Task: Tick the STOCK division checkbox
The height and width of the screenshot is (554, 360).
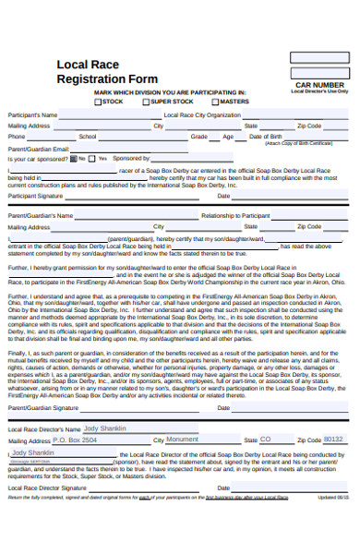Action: (99, 101)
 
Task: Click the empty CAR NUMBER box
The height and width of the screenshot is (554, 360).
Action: (318, 58)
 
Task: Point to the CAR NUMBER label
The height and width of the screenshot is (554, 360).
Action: (319, 84)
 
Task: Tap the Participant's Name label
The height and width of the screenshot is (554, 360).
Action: (32, 115)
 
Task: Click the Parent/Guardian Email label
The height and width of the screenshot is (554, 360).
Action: (38, 148)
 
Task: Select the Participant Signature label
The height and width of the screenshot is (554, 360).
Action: (35, 196)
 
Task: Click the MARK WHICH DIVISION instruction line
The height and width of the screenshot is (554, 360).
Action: (169, 92)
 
